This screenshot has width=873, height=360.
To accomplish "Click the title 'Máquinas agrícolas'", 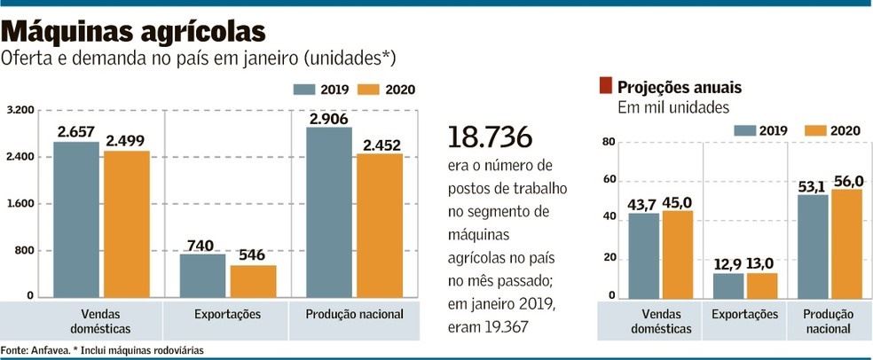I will click(x=134, y=31).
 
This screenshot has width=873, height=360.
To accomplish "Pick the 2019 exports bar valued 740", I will click(x=202, y=275).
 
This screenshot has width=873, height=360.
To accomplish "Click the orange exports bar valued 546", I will click(x=253, y=280).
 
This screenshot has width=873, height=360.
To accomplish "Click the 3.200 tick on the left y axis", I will click(x=20, y=111).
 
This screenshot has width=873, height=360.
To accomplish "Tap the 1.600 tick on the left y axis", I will click(x=20, y=204).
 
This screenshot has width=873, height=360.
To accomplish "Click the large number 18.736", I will click(x=490, y=137).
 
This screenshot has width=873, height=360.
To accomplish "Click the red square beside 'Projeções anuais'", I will click(x=605, y=86).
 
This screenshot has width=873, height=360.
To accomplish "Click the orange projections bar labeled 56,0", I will click(x=846, y=243).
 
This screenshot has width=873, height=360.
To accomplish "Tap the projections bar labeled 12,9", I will click(x=728, y=286).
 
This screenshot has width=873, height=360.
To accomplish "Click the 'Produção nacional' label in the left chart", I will click(x=354, y=314).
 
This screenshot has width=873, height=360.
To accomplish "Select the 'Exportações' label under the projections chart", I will click(x=744, y=315).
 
